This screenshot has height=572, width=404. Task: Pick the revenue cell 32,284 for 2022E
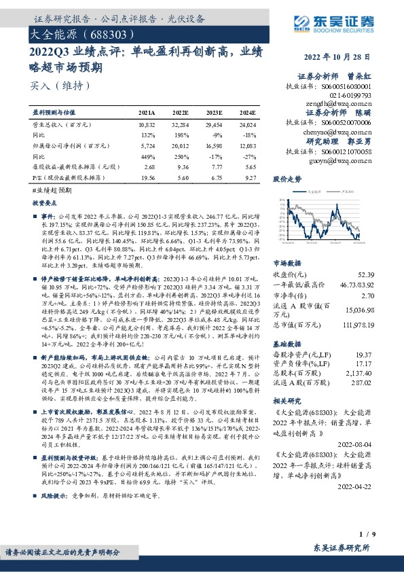coord(181,126)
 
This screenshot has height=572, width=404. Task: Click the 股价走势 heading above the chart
coord(287,180)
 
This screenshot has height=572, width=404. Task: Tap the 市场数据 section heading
coord(287,263)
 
